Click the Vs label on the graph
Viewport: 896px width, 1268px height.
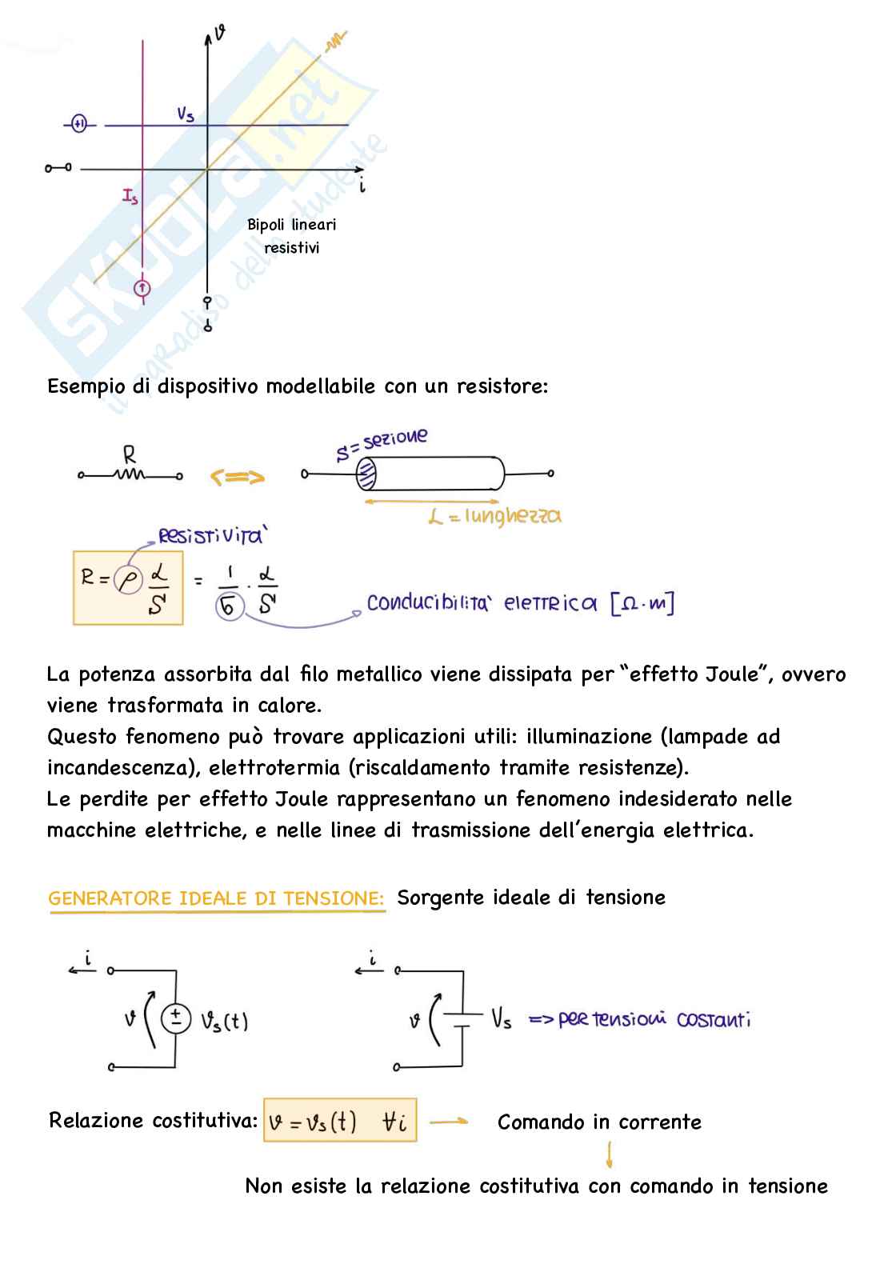[x=186, y=114]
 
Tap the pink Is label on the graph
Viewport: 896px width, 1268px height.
[x=130, y=195]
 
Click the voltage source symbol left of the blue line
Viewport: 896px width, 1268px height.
[x=78, y=124]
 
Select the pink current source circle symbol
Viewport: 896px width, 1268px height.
[x=142, y=288]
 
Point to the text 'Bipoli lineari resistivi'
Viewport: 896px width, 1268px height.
[x=291, y=236]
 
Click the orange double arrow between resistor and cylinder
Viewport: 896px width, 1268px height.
[x=237, y=478]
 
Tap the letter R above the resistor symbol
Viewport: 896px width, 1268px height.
[x=130, y=455]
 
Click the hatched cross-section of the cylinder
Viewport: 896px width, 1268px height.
[x=366, y=474]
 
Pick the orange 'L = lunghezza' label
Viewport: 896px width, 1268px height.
[x=494, y=516]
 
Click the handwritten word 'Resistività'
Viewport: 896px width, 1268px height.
[x=210, y=536]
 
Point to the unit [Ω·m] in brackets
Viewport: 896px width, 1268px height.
[x=642, y=603]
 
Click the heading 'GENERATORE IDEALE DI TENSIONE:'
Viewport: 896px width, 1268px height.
[x=216, y=898]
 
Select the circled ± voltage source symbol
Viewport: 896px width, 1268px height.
[x=176, y=1018]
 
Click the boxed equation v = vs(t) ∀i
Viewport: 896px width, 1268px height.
[x=340, y=1121]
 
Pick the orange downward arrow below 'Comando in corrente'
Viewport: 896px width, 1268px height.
[x=610, y=1154]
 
